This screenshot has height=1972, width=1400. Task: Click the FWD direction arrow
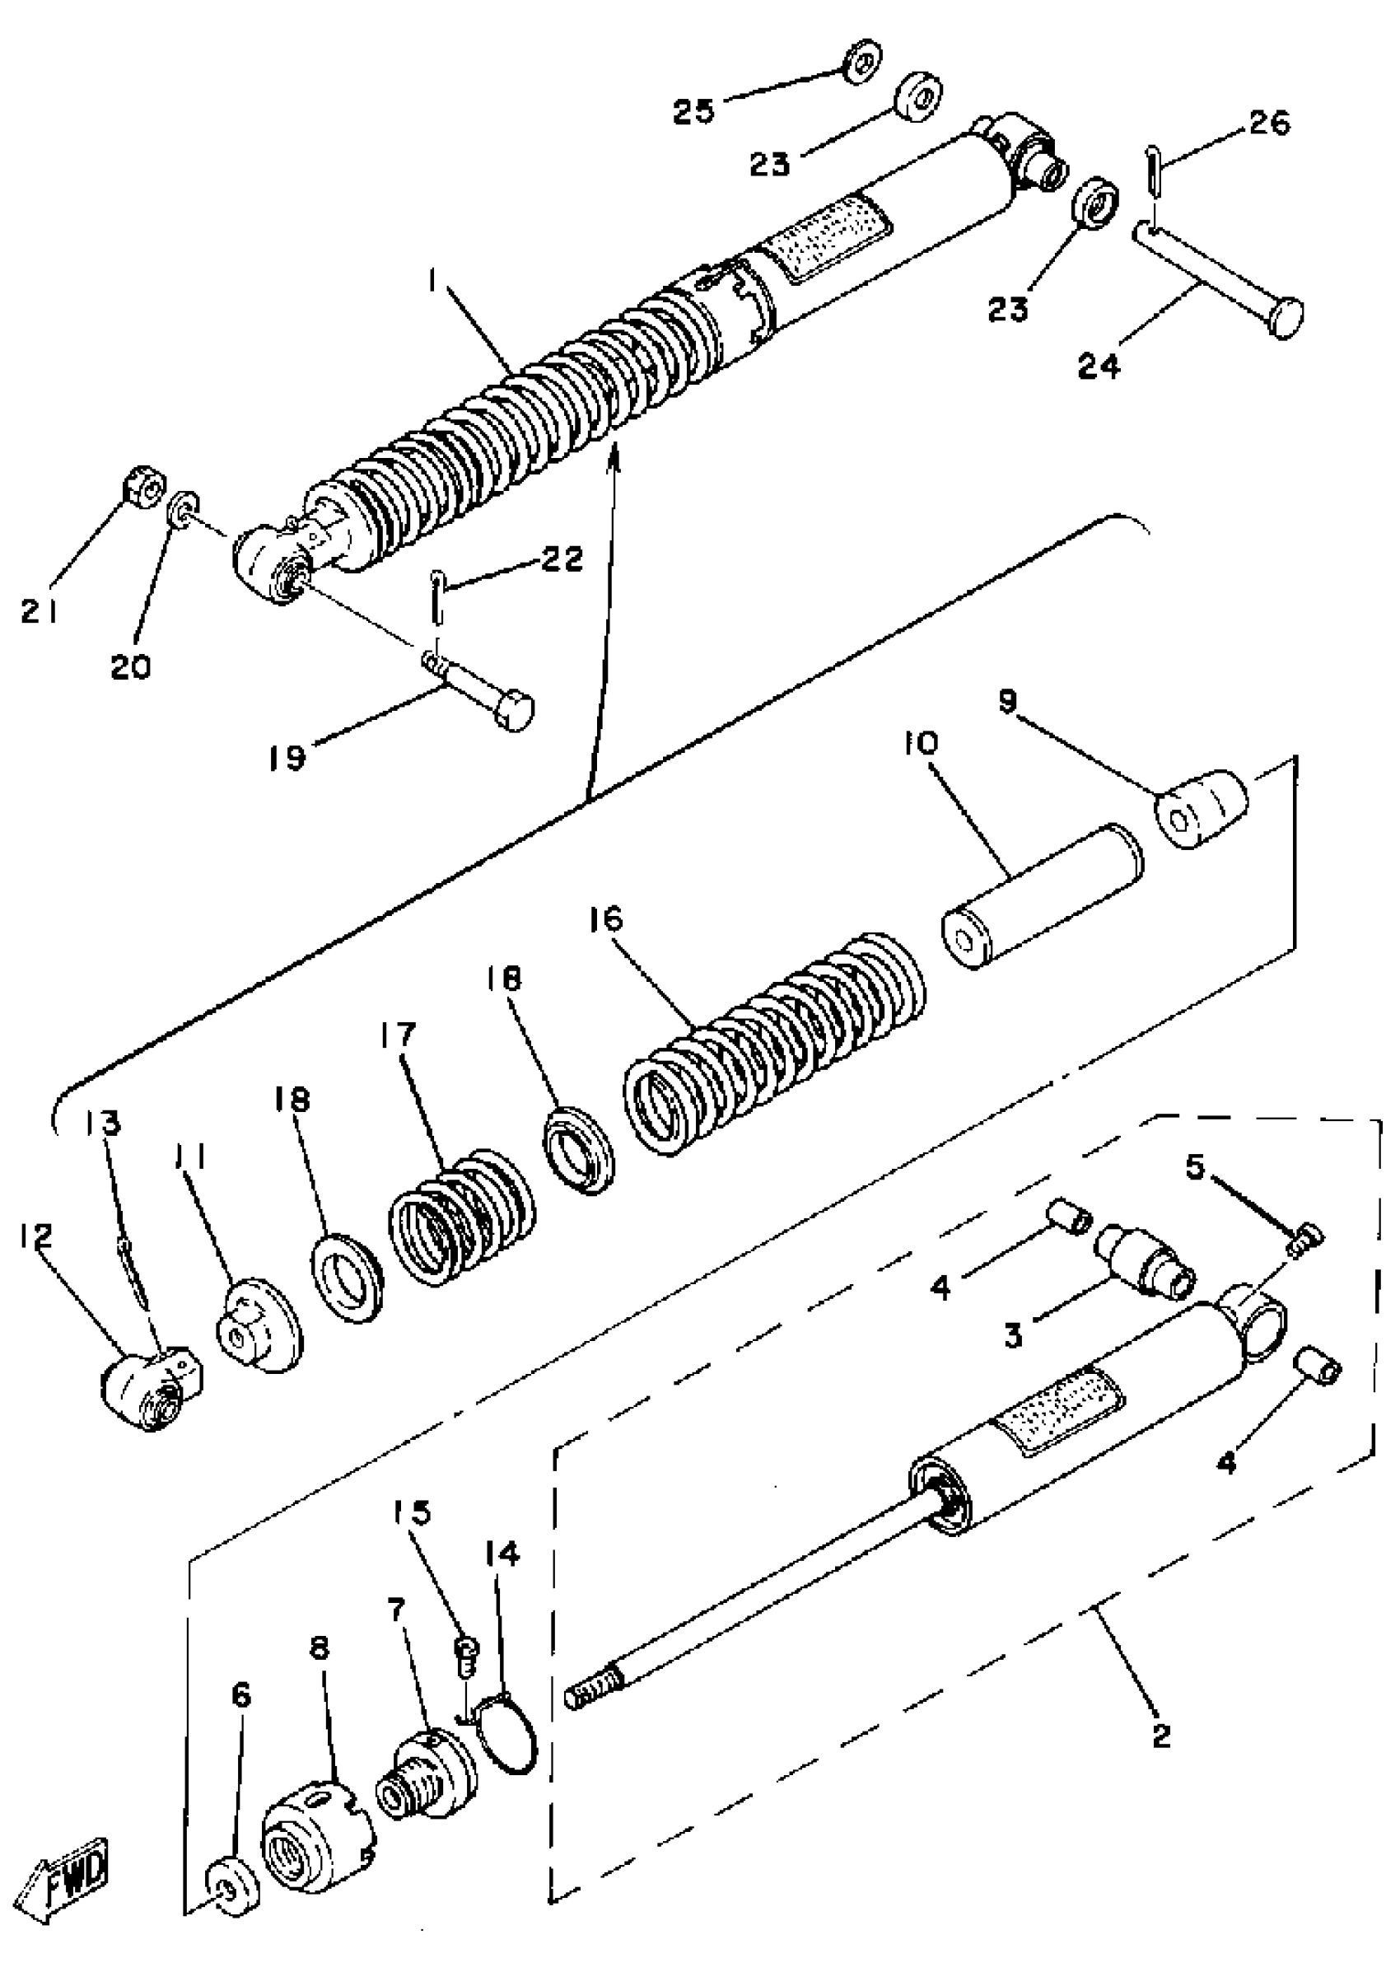[x=68, y=1878]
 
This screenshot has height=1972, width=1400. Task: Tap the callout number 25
[x=694, y=111]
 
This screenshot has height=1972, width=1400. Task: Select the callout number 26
[x=1269, y=124]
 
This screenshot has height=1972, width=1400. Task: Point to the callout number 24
[x=1100, y=365]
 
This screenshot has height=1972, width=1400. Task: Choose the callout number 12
[x=38, y=1235]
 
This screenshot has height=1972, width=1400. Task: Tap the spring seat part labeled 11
[x=258, y=1325]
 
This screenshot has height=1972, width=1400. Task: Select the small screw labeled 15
[x=466, y=1650]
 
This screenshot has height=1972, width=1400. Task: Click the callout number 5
[x=1194, y=1168]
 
